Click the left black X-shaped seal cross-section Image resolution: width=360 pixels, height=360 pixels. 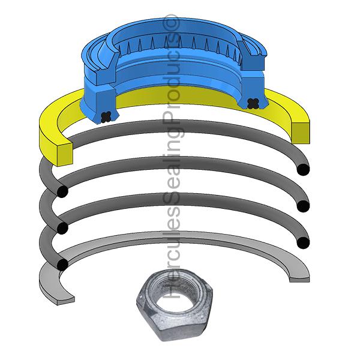pos(107,115)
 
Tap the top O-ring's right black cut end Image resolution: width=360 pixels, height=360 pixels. pos(303,170)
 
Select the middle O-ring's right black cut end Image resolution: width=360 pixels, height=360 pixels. pos(303,206)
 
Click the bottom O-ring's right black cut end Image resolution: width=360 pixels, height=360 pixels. pos(303,242)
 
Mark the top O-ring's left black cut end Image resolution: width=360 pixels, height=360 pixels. pos(61,191)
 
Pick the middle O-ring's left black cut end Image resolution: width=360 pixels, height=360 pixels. pos(61,228)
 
